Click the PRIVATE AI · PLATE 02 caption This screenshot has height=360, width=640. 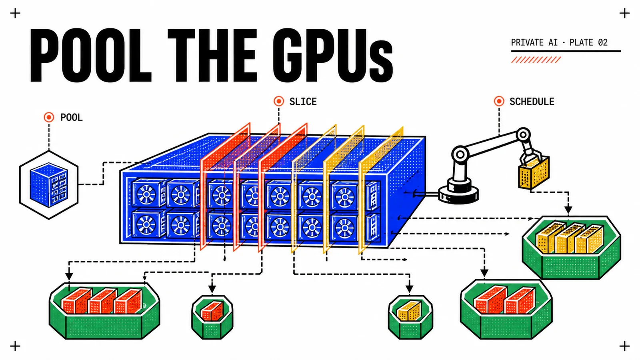(x=559, y=42)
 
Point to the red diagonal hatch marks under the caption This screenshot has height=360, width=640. (x=536, y=60)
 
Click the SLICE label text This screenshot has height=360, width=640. (x=303, y=102)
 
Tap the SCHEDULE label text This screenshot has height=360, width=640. (x=532, y=102)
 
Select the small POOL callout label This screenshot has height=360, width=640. (x=72, y=118)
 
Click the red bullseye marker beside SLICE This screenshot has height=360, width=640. (x=279, y=101)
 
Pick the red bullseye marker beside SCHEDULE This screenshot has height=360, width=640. (x=499, y=101)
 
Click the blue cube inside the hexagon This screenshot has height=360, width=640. (x=49, y=184)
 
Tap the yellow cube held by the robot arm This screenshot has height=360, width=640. (x=534, y=173)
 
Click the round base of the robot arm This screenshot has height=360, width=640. (x=458, y=194)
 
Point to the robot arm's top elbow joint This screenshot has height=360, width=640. (x=523, y=134)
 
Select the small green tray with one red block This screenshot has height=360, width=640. (x=212, y=317)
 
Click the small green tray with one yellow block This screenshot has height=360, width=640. (x=410, y=317)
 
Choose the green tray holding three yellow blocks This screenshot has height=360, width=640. (x=572, y=248)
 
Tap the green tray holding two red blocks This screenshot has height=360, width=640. (x=506, y=310)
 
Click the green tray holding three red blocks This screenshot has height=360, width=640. (x=104, y=311)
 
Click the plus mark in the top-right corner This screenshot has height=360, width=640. (x=624, y=14)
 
